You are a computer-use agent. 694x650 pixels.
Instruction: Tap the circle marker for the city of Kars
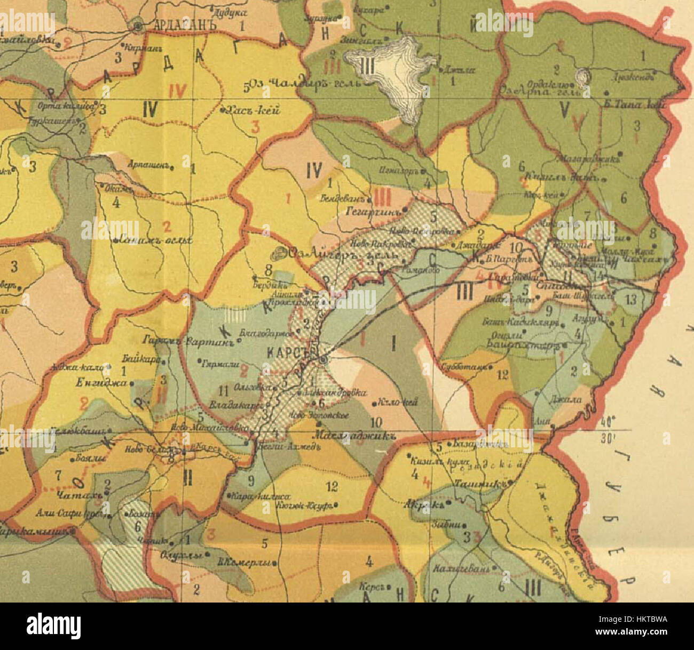(323, 361)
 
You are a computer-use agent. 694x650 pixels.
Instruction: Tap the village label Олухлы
(180, 555)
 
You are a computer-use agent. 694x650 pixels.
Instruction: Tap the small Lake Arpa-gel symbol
(583, 77)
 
